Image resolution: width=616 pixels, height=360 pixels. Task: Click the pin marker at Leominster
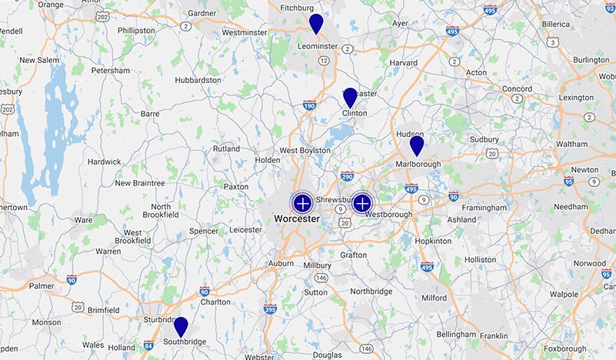point(316,23)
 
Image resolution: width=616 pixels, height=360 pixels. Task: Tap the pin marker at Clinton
point(350,97)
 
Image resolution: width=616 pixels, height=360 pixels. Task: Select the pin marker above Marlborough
point(417,145)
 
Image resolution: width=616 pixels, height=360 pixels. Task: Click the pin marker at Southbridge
point(181,326)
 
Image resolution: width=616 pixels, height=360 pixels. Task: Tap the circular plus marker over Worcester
point(302,203)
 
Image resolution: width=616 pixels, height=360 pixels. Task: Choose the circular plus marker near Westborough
point(362,203)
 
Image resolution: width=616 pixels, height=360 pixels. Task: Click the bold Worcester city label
point(297,219)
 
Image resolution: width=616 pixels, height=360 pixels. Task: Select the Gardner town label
point(201,13)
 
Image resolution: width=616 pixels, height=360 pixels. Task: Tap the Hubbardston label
point(198,79)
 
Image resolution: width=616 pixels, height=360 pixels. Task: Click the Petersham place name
point(111,70)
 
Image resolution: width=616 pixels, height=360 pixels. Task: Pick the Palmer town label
point(42,286)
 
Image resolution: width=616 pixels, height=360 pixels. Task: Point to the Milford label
point(434,298)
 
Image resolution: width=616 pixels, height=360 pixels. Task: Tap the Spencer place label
point(204,231)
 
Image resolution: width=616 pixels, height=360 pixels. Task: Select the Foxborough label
point(564,348)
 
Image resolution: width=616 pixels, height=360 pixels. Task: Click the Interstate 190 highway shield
point(309,106)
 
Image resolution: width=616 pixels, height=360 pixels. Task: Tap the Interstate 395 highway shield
point(270,309)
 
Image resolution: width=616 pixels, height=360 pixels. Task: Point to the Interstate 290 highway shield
point(347,175)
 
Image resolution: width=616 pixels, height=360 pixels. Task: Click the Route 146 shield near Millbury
point(321,278)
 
